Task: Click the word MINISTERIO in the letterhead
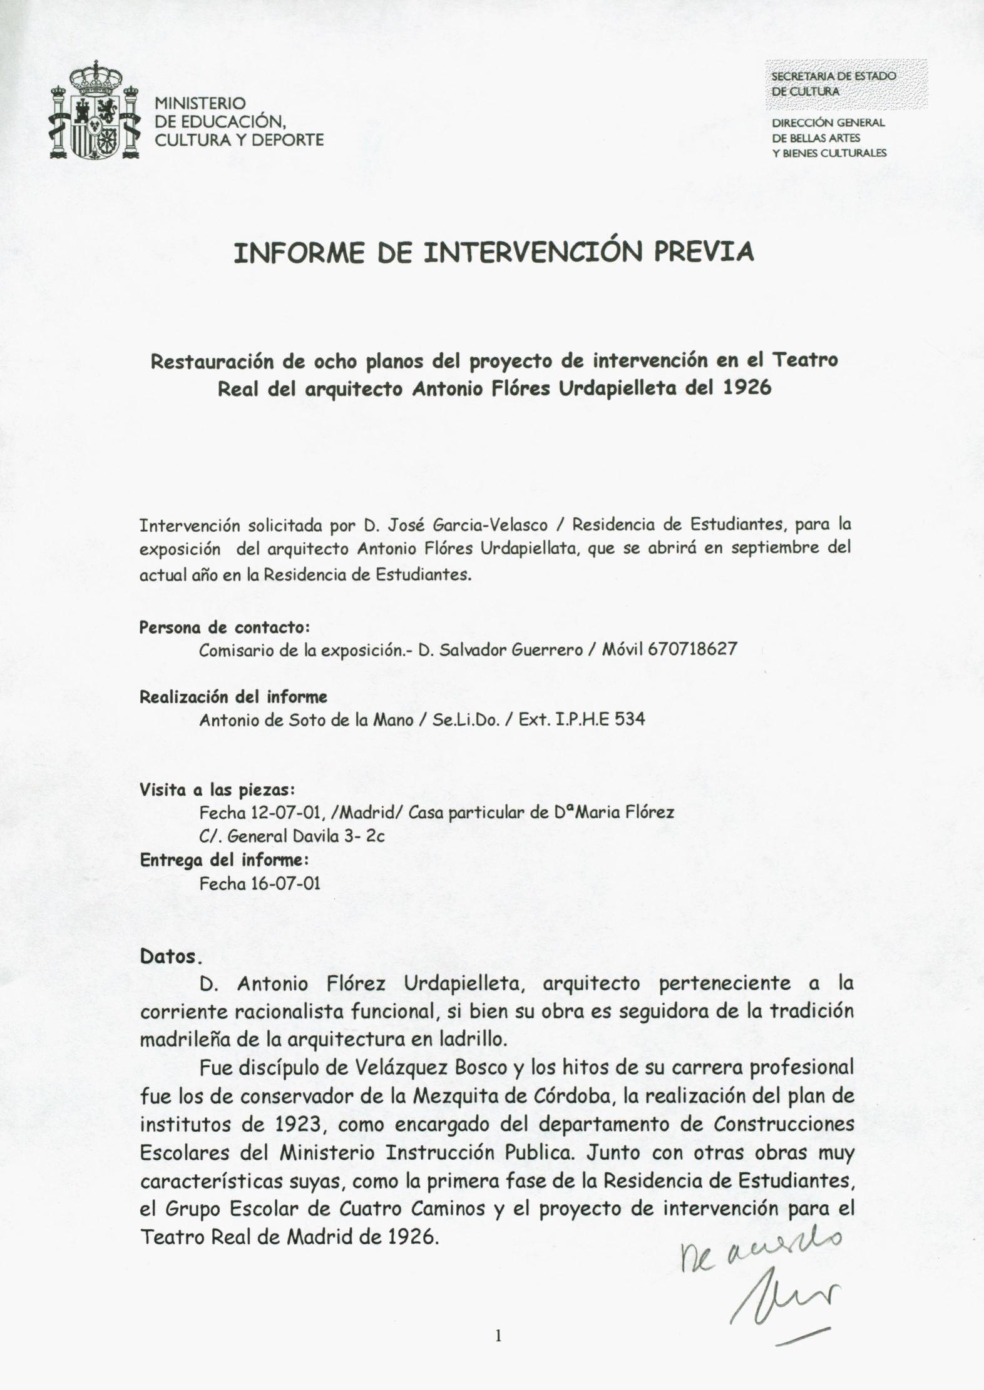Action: pyautogui.click(x=200, y=103)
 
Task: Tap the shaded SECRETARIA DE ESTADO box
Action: pyautogui.click(x=844, y=83)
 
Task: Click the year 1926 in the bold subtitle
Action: pyautogui.click(x=747, y=388)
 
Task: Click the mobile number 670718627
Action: pyautogui.click(x=693, y=649)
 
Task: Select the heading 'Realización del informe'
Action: pyautogui.click(x=233, y=696)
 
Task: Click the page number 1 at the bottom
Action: pyautogui.click(x=498, y=1336)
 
